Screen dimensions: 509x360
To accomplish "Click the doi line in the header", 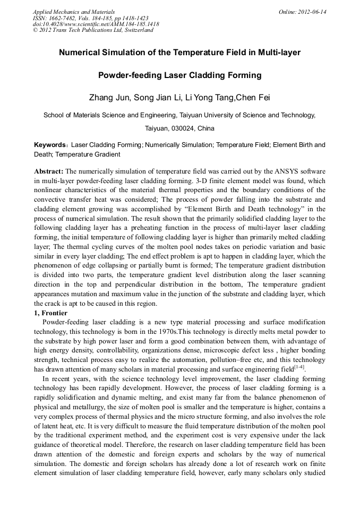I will [96, 24].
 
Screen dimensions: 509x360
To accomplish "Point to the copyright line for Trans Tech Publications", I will [93, 30].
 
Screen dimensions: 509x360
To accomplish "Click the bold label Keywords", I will [51, 145].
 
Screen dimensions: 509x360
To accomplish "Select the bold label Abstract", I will [49, 171].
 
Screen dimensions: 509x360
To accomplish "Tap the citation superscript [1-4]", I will [299, 367].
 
